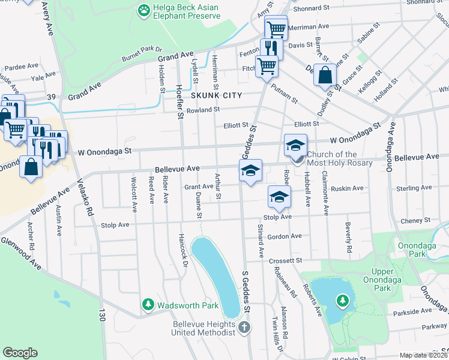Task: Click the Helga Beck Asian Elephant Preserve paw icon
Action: [144, 10]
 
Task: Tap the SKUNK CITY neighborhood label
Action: [216, 95]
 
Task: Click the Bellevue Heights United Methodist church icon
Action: [243, 328]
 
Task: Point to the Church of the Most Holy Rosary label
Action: [340, 158]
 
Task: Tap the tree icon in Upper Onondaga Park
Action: [342, 300]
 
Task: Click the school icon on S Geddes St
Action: [250, 170]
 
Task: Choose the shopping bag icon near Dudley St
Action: [325, 76]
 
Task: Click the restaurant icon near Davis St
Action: [271, 48]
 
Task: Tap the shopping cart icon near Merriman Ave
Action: [276, 28]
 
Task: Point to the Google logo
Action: [20, 353]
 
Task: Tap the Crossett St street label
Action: [285, 261]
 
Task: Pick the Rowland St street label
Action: [203, 110]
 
